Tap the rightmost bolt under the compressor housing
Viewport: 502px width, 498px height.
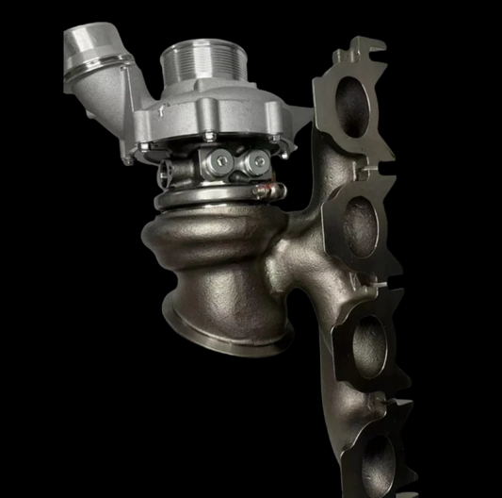coord(269,137)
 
